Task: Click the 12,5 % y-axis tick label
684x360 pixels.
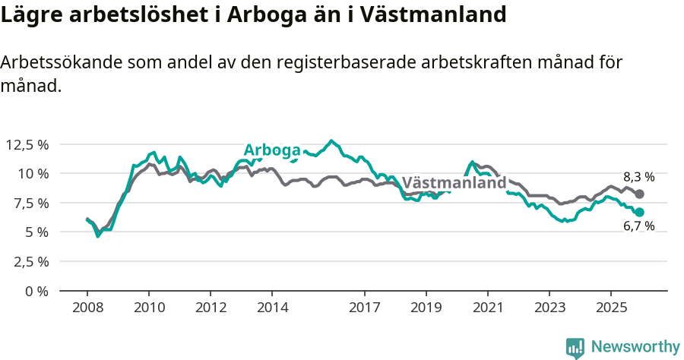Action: point(27,144)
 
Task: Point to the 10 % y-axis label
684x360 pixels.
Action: point(33,173)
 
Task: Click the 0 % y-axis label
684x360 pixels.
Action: point(36,291)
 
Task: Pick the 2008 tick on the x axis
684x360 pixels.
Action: point(87,308)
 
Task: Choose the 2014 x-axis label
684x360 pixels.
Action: point(272,308)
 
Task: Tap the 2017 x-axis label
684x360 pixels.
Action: point(364,308)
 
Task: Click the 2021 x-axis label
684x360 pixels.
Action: point(487,308)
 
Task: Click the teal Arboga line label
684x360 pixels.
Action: point(271,150)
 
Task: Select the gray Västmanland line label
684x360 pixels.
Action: point(454,183)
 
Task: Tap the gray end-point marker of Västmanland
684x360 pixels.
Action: point(639,194)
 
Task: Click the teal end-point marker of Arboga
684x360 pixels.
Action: point(639,212)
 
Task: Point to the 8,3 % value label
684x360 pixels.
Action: point(638,178)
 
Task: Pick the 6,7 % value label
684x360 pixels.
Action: point(638,226)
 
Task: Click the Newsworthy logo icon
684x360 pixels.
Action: point(575,347)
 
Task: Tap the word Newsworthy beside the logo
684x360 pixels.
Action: point(635,347)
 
